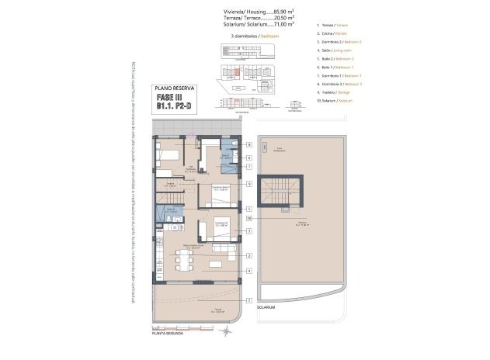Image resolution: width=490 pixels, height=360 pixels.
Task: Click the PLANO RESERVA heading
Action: pyautogui.click(x=175, y=88)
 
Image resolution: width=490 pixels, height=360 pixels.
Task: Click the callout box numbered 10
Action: pyautogui.click(x=249, y=219)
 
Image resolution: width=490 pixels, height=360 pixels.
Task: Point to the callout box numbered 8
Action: pyautogui.click(x=249, y=145)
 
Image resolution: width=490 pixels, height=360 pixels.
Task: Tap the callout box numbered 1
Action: pyautogui.click(x=249, y=299)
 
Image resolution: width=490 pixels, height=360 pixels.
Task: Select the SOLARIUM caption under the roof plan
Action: pyautogui.click(x=266, y=308)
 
